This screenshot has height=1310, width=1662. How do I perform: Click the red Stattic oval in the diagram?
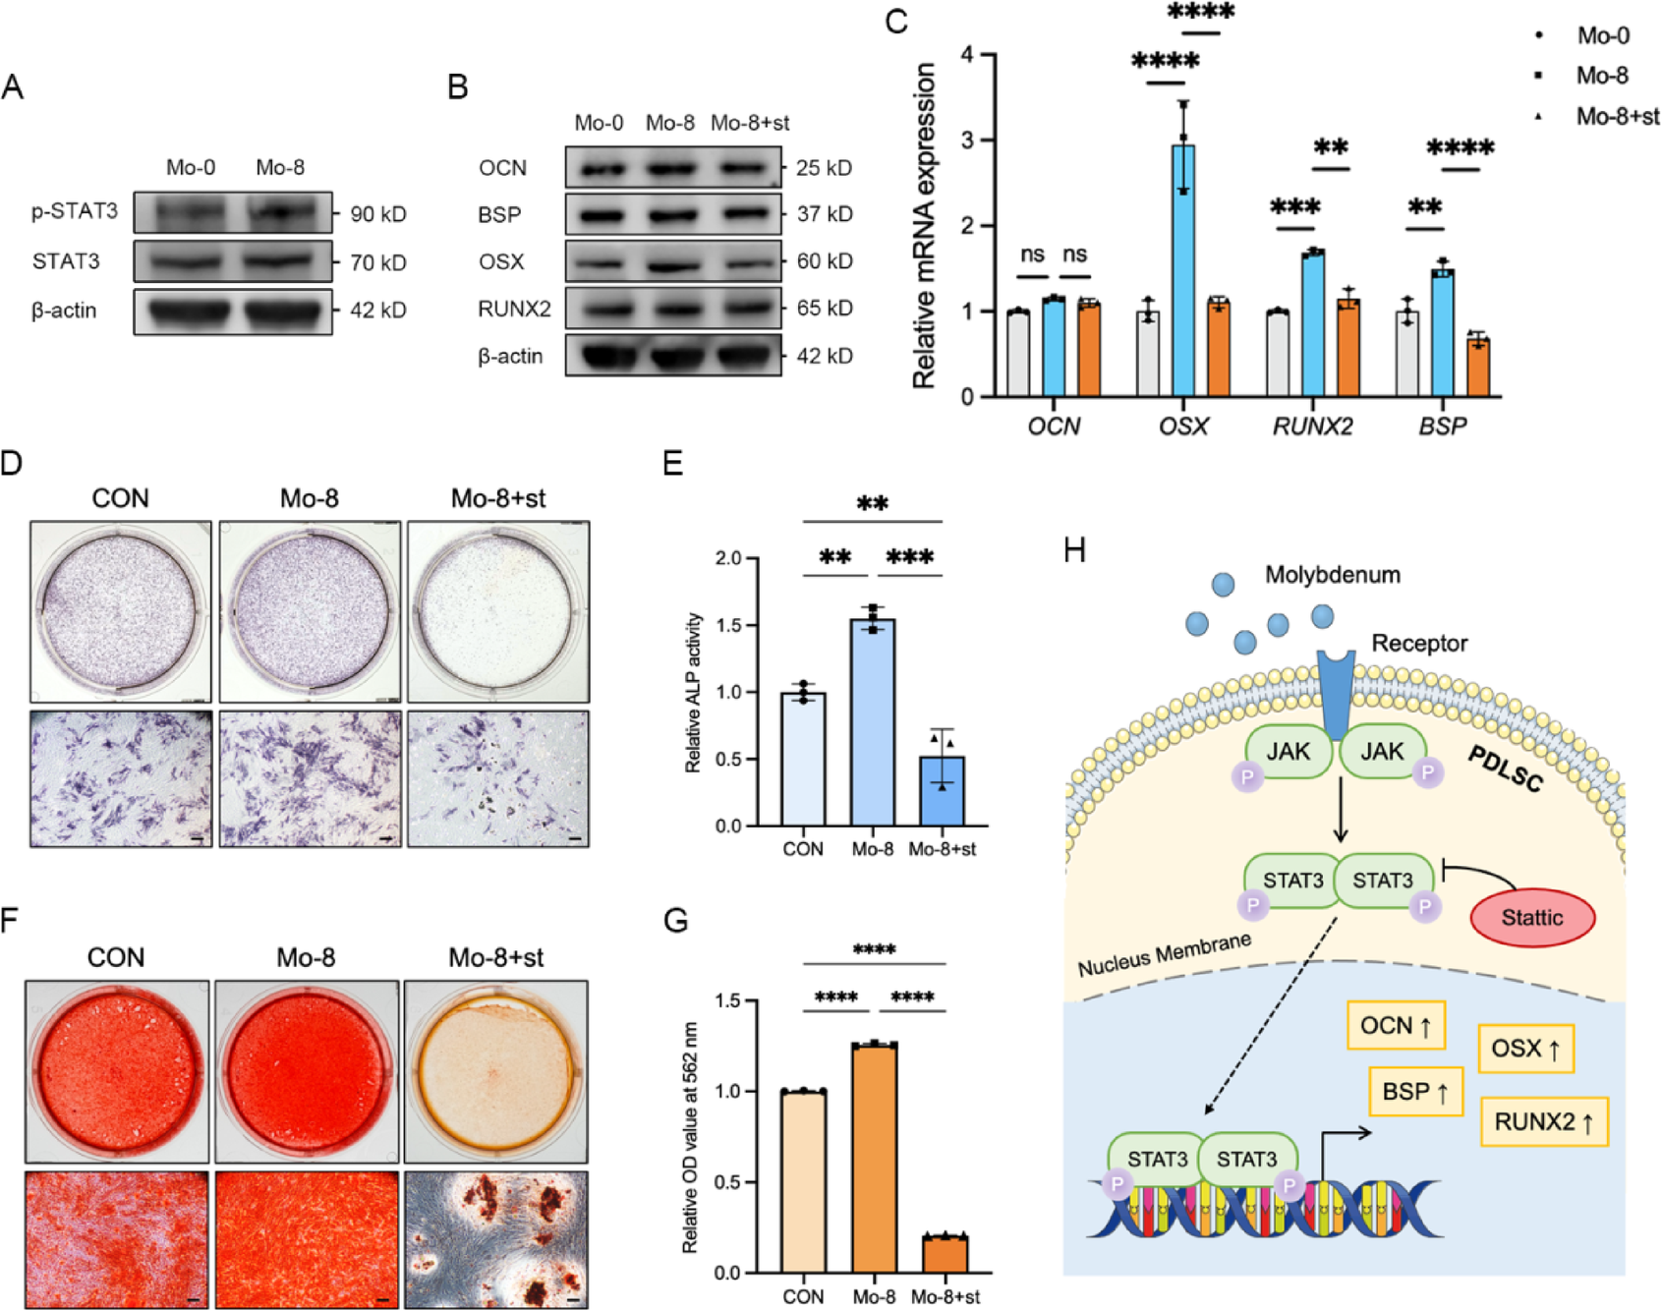click(1531, 918)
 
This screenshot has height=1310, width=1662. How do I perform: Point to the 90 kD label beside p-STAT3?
click(378, 214)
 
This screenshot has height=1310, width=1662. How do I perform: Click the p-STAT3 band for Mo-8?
click(279, 211)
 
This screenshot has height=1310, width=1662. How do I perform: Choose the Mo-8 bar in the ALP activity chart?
click(873, 722)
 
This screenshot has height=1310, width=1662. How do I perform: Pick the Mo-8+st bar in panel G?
click(945, 1254)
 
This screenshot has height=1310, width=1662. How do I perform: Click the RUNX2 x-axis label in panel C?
click(1312, 427)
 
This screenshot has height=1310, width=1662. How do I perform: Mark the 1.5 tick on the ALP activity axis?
click(728, 626)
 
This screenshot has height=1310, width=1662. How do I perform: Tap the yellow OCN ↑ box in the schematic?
click(1396, 1026)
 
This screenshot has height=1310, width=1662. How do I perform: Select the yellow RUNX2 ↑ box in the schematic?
click(1544, 1122)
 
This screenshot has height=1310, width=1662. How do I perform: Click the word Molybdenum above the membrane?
click(1332, 575)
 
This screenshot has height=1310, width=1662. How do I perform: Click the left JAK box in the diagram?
click(1288, 752)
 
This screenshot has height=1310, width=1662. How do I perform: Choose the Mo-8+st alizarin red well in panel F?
click(496, 1070)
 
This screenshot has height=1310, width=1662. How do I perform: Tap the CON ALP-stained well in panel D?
click(120, 610)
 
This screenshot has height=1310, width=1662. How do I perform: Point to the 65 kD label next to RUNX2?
click(824, 309)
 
